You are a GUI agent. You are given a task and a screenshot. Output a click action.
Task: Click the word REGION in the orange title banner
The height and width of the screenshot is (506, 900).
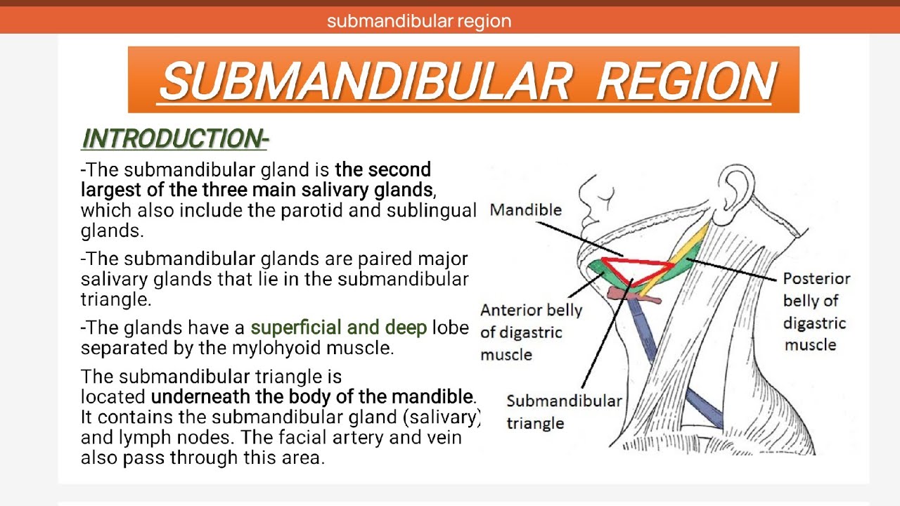coord(686,81)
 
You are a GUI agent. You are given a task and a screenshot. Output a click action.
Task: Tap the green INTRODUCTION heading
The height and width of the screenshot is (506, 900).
coord(174,139)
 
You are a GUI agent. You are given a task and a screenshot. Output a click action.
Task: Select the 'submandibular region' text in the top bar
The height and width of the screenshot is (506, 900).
coord(419,21)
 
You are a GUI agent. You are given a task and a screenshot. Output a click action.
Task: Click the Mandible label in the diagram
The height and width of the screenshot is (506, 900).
coord(525,209)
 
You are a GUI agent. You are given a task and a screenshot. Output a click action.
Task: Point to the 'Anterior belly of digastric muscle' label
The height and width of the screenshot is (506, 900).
coord(531,332)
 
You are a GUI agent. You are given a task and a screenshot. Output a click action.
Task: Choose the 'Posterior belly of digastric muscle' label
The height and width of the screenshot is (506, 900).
coord(816,311)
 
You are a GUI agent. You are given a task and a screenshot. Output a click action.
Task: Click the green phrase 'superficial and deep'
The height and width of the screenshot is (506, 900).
coord(338,327)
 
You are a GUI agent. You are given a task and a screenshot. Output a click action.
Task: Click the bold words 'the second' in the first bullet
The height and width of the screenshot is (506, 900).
coord(382,169)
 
